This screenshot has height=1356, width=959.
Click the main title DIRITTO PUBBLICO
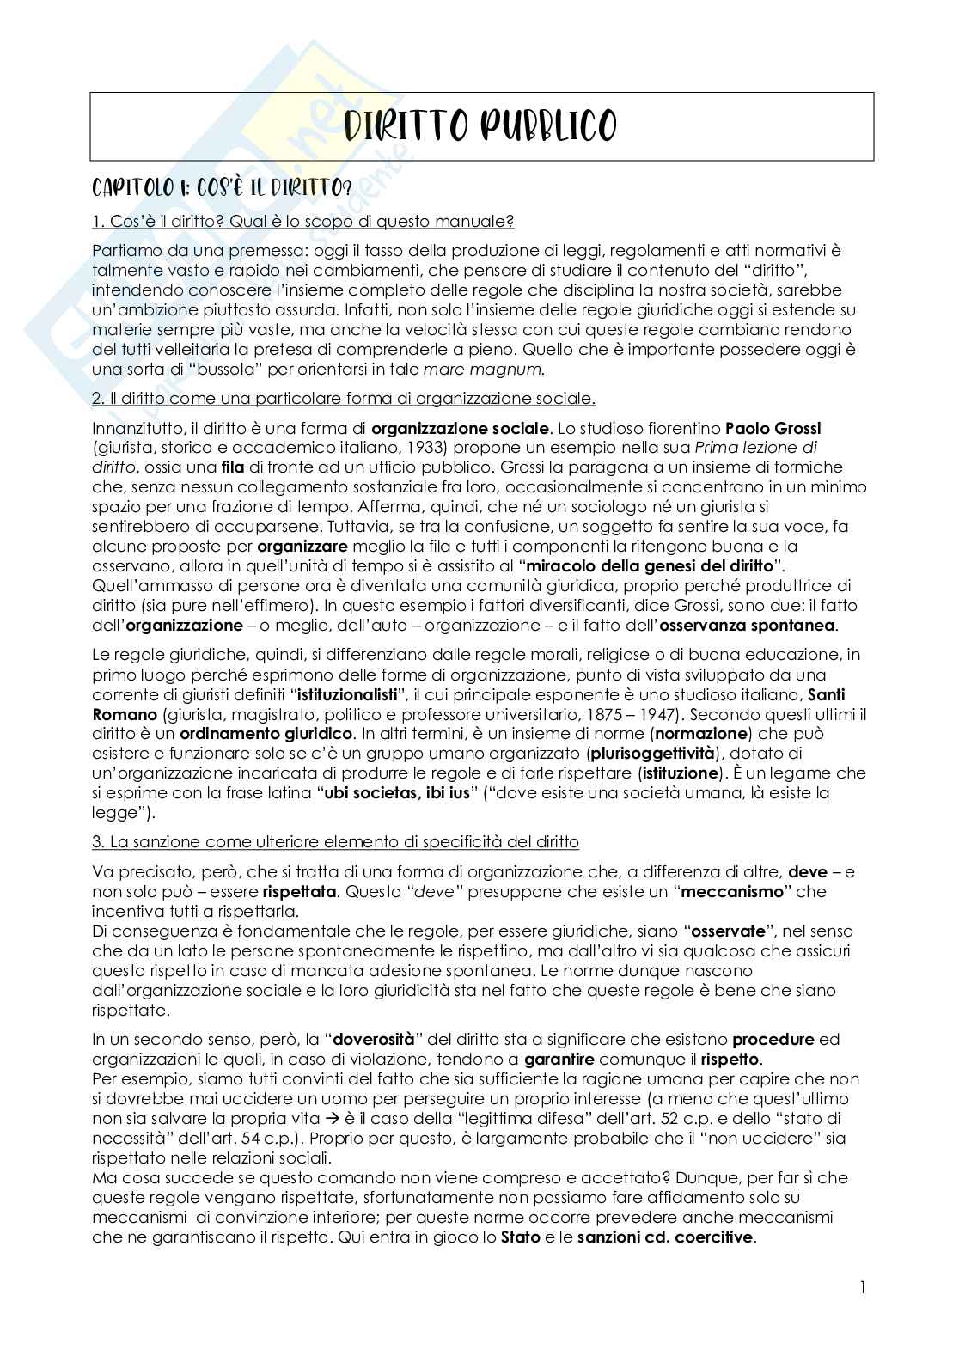click(480, 127)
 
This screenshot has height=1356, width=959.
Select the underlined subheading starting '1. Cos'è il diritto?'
click(302, 222)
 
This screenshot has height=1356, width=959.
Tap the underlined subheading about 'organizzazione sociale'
click(343, 399)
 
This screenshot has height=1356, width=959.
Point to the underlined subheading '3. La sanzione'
click(335, 841)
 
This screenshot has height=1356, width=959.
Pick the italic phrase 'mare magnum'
click(500, 369)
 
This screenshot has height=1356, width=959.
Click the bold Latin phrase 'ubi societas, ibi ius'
click(398, 792)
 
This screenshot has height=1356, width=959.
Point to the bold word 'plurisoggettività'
click(651, 754)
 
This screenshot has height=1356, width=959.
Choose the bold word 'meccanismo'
click(733, 891)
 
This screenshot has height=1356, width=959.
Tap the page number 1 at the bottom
click(863, 1287)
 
